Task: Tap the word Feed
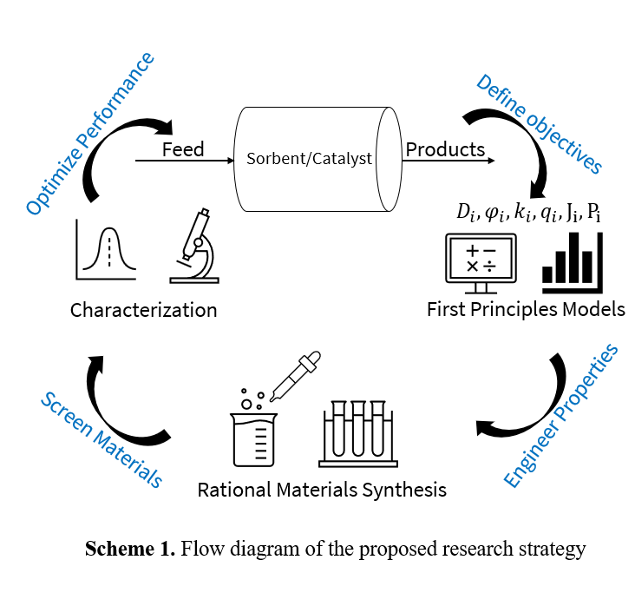(x=183, y=149)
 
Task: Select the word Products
(x=445, y=149)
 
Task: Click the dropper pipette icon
(x=297, y=375)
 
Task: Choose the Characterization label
(x=144, y=310)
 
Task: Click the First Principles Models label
(x=526, y=310)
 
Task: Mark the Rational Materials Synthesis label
(x=322, y=490)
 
